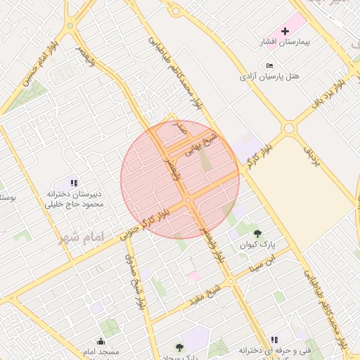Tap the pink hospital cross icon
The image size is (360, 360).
point(285,31)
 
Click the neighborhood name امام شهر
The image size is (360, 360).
point(82,236)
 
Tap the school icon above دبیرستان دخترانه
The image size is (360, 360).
point(74,184)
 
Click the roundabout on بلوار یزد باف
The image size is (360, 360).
point(288,129)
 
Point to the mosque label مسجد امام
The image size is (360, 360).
point(99,351)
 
